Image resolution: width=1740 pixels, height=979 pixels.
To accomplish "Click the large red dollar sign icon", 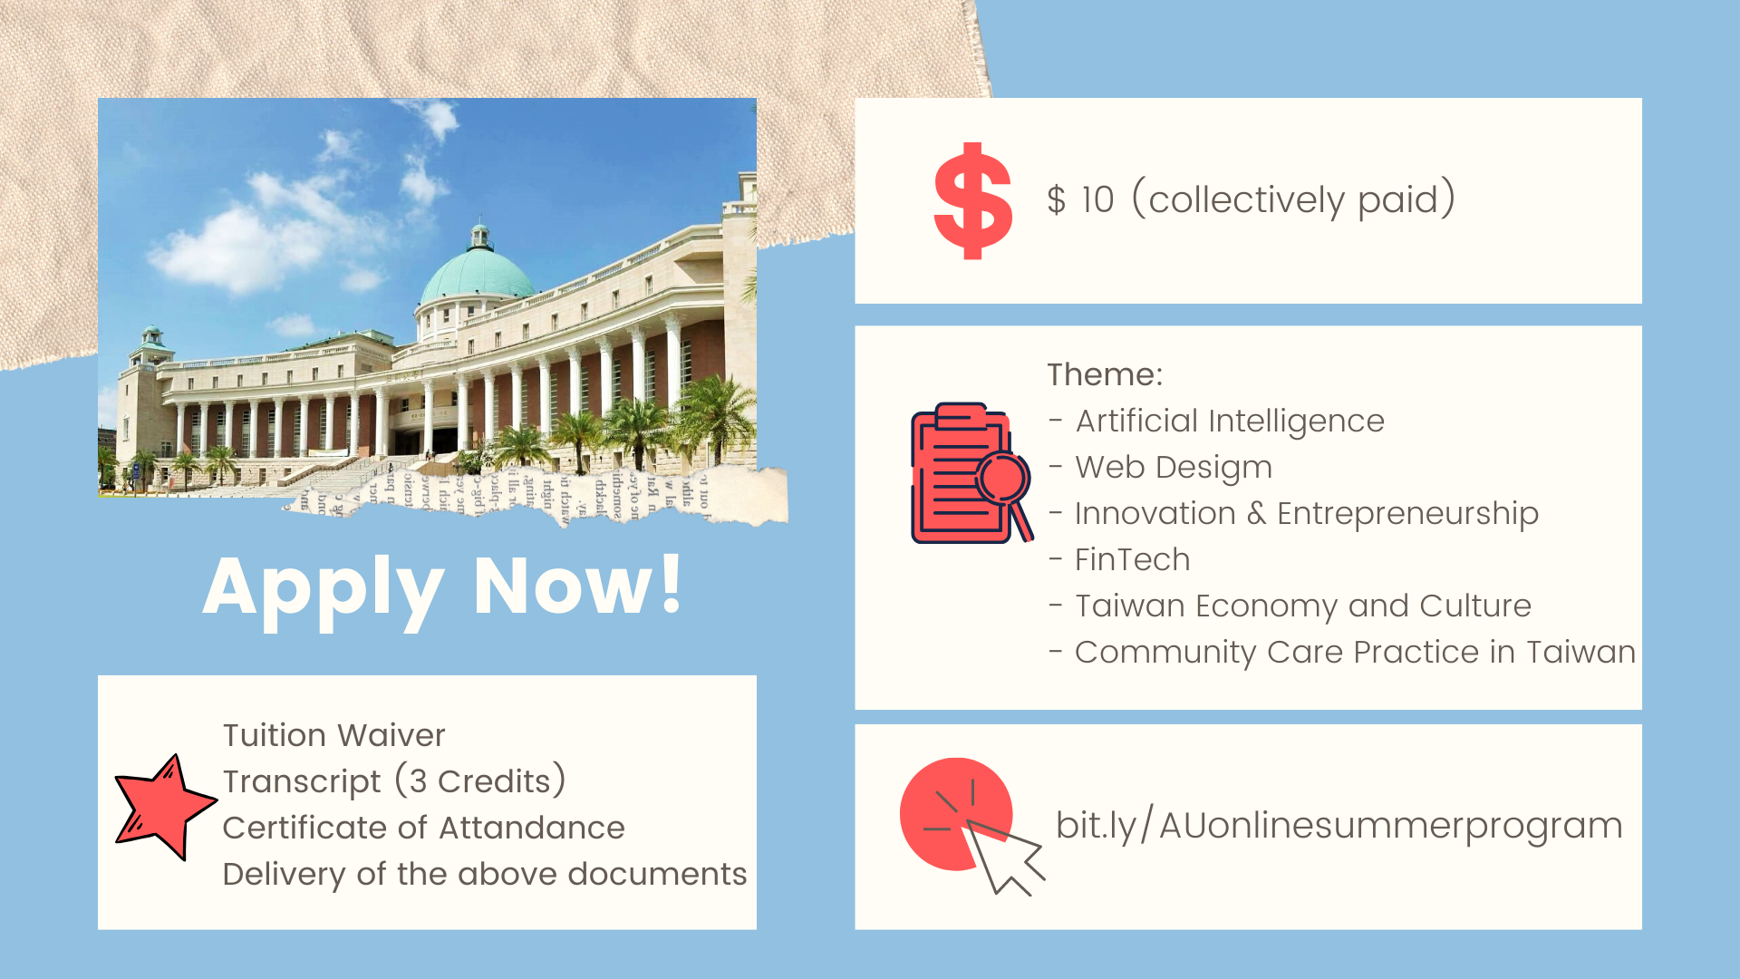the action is point(972,200).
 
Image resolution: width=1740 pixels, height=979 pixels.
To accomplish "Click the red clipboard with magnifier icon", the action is point(971,473).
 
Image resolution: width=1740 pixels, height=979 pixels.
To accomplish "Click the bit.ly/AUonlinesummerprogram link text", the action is point(1339,825).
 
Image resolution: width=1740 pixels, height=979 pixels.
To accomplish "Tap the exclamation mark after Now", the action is point(672,583).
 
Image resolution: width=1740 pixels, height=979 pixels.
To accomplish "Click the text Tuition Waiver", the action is point(334,734).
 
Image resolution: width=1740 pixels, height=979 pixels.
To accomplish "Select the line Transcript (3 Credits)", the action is point(394,781).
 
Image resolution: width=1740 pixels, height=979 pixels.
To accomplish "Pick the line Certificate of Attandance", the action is point(423,828).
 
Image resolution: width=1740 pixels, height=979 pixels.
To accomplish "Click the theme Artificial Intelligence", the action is point(1230,422).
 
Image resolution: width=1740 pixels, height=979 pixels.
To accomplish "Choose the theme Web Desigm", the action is point(1174,468).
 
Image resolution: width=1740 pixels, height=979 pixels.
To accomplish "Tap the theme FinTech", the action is point(1132,559).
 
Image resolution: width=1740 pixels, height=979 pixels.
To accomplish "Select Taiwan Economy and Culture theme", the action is point(1303,606).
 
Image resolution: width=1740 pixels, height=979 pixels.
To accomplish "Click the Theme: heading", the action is point(1105,374).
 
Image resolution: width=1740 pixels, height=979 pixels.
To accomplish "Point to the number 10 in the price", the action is point(1097,199).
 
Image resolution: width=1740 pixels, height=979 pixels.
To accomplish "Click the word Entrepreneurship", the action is point(1407,514).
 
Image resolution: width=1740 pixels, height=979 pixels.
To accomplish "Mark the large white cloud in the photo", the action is point(237,247).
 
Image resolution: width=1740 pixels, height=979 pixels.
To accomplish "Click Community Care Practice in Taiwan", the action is point(1355,653).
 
